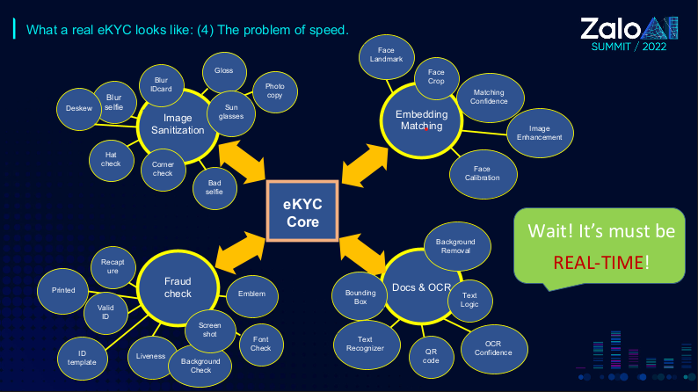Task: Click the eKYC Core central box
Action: pos(302,211)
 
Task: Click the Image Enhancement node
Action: pos(540,133)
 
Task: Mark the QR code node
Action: pos(431,355)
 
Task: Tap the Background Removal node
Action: pos(456,245)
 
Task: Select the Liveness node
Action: pos(151,356)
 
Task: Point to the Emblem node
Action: pos(251,294)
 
